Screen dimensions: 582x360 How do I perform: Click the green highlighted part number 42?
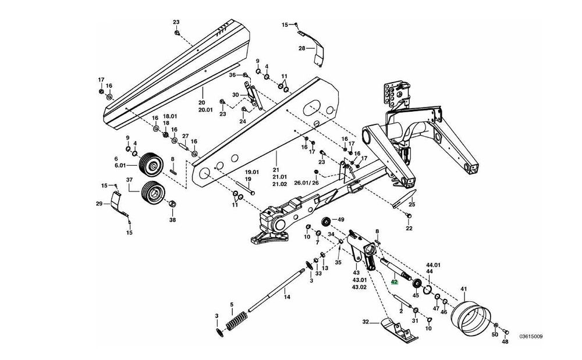[395, 281]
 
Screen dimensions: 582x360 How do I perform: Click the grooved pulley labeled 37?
[152, 193]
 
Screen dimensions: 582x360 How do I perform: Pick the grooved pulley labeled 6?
[150, 165]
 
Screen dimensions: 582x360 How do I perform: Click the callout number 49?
[340, 219]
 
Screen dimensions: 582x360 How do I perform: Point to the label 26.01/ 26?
[306, 183]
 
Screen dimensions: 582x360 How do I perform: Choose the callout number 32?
[365, 322]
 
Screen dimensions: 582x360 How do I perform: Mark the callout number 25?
[412, 204]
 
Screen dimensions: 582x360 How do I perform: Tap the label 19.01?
[251, 172]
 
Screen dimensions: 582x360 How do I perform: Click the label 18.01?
[165, 116]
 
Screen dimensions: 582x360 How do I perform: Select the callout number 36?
[232, 75]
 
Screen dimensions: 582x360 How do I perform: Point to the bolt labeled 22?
[409, 215]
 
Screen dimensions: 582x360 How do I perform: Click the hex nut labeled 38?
[172, 204]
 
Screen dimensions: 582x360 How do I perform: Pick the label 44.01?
[433, 265]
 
